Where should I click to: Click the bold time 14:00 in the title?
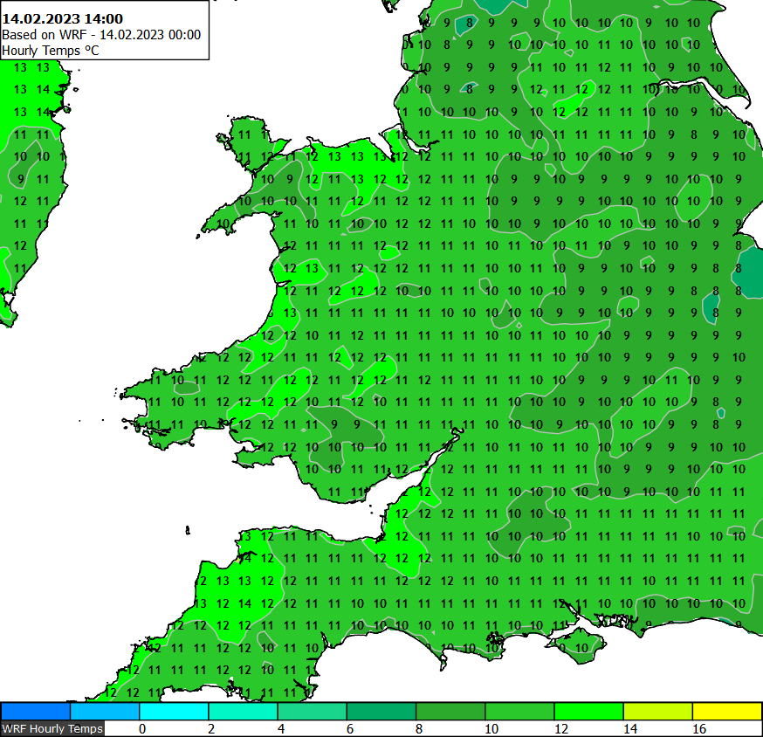coord(101,18)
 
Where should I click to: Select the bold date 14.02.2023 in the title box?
coord(39,18)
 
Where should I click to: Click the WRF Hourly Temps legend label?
coord(52,728)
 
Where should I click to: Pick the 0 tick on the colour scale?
coord(141,728)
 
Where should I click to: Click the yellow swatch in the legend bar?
coord(726,711)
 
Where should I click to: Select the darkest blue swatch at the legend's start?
coord(36,711)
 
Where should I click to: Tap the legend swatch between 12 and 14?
coord(588,711)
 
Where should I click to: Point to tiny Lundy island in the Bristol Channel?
coord(188,529)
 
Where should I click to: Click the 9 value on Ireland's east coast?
coord(21,179)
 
